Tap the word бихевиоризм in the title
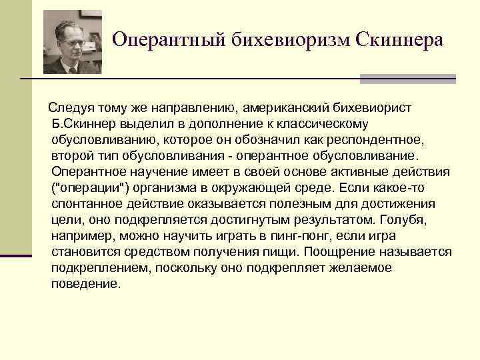click(x=282, y=41)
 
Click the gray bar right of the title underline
click(x=407, y=79)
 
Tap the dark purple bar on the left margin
click(x=16, y=255)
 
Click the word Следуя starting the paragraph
click(x=69, y=107)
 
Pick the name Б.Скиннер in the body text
click(x=81, y=124)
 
